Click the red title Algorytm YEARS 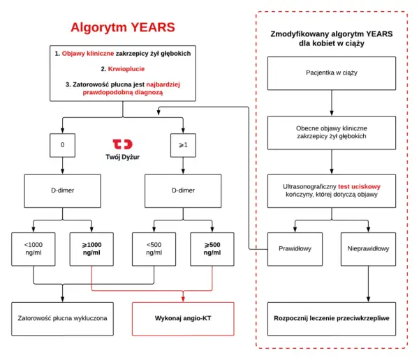coord(123,27)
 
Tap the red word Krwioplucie coord(126,69)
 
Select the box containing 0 coord(63,145)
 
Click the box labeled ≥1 coord(183,145)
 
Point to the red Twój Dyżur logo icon coord(122,144)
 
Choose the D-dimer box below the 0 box coord(63,191)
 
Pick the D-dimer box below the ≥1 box coord(183,191)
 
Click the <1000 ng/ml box coord(34,249)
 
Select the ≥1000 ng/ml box coord(91,249)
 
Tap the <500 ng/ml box coord(154,249)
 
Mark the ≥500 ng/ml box coord(212,249)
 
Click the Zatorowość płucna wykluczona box coord(63,319)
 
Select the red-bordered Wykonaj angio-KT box coord(183,319)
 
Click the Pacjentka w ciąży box coord(332,73)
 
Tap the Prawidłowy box coord(295,249)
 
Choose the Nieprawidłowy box coord(368,249)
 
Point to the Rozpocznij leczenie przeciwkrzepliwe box coord(332,319)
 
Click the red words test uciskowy coord(359,187)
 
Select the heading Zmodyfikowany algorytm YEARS coord(332,34)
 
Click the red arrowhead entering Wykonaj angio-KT coord(183,299)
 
